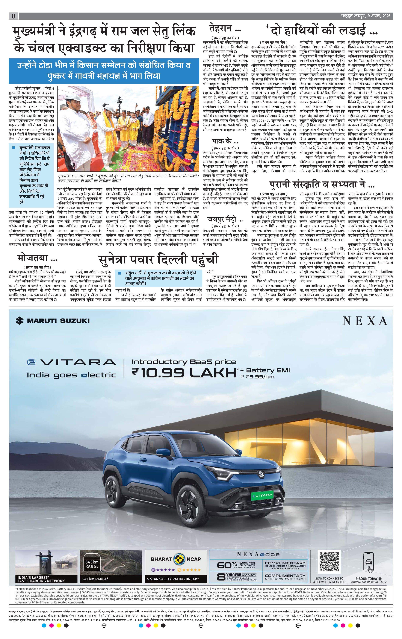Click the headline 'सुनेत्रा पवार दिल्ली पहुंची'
(x=158, y=259)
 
